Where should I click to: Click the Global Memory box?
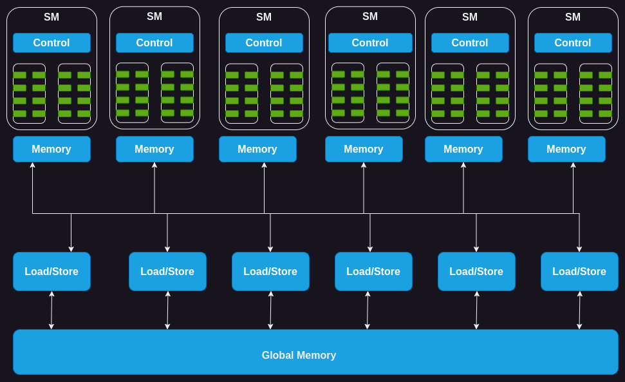[x=315, y=352]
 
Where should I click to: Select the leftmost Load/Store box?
[x=51, y=271]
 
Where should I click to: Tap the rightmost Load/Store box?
[x=579, y=271]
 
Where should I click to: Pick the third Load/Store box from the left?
[x=270, y=271]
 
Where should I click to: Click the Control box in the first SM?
[x=51, y=43]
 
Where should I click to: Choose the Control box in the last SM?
[x=573, y=43]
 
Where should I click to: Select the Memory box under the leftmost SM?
[x=51, y=149]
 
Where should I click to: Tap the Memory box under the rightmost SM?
[x=566, y=149]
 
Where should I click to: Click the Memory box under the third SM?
[x=257, y=149]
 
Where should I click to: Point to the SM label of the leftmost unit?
[x=51, y=17]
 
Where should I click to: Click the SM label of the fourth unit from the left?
[x=370, y=17]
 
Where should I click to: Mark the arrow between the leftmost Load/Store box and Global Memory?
[x=51, y=310]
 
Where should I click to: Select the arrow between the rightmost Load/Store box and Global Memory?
[x=579, y=310]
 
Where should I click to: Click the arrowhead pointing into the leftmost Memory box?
[x=32, y=166]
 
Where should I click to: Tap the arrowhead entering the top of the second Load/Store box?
[x=167, y=249]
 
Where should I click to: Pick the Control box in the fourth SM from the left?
[x=370, y=43]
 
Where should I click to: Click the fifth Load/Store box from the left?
[x=476, y=271]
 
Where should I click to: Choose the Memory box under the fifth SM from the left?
[x=463, y=149]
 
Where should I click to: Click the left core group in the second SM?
[x=132, y=93]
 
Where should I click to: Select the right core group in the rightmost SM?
[x=595, y=93]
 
